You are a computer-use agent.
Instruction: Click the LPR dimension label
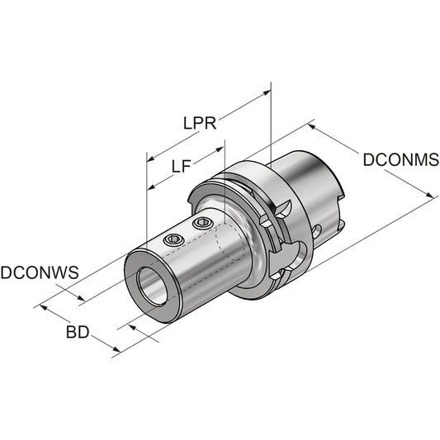click(x=199, y=123)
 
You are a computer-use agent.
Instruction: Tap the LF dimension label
click(x=182, y=166)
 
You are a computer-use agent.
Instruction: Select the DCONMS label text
click(x=400, y=160)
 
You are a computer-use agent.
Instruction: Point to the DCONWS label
click(x=39, y=270)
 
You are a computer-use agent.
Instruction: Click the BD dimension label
click(x=78, y=333)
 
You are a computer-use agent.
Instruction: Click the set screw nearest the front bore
click(x=171, y=239)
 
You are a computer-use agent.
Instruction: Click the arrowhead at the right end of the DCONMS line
click(x=432, y=196)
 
